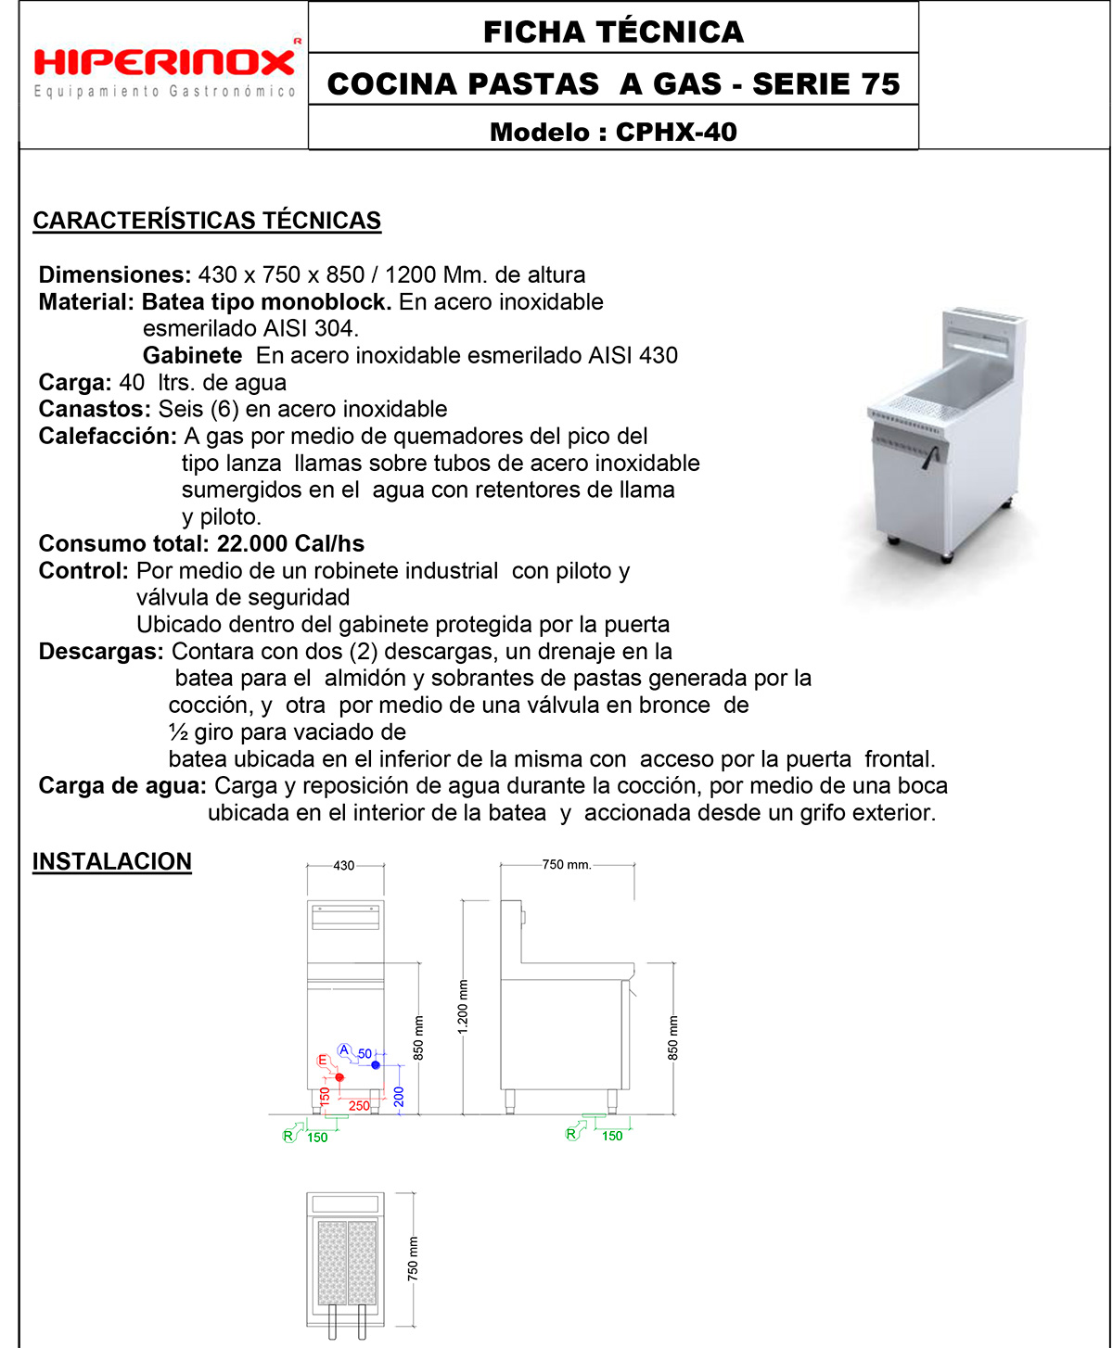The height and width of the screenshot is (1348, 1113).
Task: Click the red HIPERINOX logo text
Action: [x=164, y=62]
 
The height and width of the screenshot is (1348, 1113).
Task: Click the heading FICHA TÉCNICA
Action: [x=613, y=32]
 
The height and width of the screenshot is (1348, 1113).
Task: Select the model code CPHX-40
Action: [x=676, y=132]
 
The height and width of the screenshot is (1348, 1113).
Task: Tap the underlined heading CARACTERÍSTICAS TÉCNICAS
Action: [x=207, y=221]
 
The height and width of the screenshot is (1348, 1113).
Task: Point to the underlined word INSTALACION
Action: [x=112, y=861]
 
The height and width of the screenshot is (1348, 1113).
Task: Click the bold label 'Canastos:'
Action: [x=95, y=409]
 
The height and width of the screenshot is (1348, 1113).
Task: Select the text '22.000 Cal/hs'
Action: [x=290, y=543]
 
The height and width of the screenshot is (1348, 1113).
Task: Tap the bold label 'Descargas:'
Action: [x=101, y=651]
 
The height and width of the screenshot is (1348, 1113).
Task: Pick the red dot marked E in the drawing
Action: [x=339, y=1077]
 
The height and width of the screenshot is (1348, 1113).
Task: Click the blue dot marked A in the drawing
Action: [x=376, y=1065]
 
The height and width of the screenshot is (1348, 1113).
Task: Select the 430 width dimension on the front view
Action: [x=344, y=866]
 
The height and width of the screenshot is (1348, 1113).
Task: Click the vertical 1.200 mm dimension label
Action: [x=463, y=1006]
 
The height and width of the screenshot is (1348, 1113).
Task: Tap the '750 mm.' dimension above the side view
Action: [x=567, y=864]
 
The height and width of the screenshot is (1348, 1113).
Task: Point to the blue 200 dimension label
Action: [x=399, y=1098]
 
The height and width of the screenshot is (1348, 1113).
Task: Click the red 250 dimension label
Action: [x=359, y=1106]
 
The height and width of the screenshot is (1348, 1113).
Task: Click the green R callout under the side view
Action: [x=571, y=1134]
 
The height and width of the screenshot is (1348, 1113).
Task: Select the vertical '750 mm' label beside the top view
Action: [x=413, y=1258]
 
